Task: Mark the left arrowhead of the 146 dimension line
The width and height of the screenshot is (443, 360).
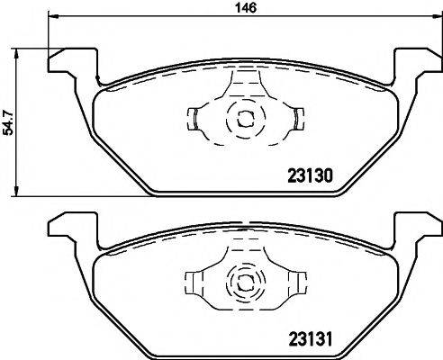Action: click(51, 17)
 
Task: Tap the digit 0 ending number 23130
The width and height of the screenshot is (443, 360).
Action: click(330, 177)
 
